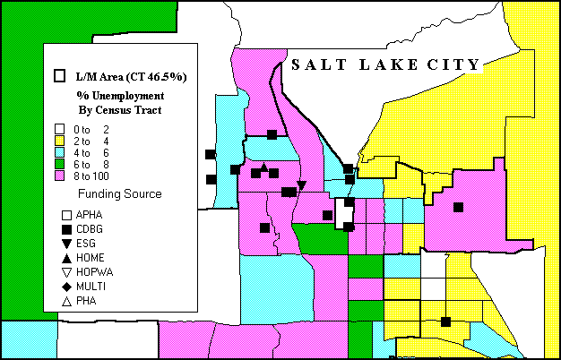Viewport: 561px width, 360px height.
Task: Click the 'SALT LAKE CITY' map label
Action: point(385,64)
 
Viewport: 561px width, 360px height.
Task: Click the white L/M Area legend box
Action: point(61,76)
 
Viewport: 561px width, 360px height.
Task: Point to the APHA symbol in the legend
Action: point(66,215)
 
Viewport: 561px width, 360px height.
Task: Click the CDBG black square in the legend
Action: point(66,229)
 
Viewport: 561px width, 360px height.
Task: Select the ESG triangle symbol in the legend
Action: point(66,244)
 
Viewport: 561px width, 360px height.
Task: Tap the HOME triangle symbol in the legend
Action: point(66,258)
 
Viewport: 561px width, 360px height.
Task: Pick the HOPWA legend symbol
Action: point(66,272)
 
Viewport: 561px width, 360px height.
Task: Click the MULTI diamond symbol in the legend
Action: point(66,287)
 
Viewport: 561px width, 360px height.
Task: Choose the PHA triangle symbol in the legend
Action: point(66,301)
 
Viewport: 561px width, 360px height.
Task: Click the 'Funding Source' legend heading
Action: point(119,194)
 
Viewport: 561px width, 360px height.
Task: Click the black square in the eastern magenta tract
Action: point(458,208)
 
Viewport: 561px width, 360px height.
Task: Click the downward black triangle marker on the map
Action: point(302,185)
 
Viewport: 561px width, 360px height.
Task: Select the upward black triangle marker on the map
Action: point(263,167)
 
